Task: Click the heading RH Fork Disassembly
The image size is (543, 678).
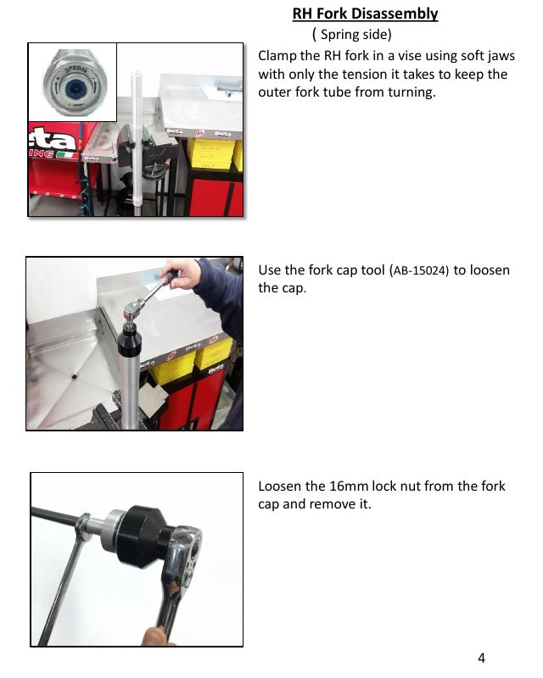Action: click(365, 14)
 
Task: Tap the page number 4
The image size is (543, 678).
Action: click(481, 659)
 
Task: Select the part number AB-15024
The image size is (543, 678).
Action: click(421, 271)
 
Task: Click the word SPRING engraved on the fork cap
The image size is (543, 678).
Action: click(76, 69)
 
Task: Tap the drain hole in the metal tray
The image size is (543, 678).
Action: click(74, 376)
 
